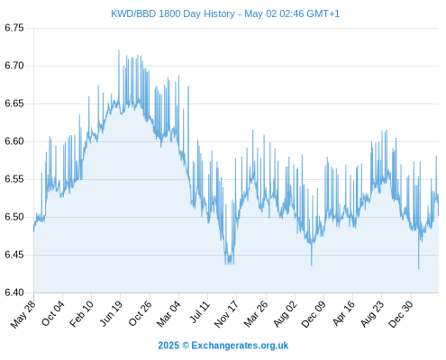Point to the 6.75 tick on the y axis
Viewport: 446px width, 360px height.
pos(14,28)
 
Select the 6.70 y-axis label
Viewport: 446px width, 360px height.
pos(14,66)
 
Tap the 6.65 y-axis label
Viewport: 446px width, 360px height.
pos(14,103)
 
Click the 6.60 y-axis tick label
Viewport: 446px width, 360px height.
pos(14,141)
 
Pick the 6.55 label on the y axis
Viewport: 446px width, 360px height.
pos(14,179)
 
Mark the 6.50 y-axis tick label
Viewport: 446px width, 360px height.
pos(14,217)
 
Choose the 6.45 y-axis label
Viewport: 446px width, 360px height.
pos(14,255)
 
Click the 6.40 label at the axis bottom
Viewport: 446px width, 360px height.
pos(14,292)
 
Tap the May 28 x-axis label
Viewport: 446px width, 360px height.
pos(23,314)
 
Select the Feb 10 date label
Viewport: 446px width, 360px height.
pos(81,313)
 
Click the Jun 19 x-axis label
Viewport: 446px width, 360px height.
pos(111,313)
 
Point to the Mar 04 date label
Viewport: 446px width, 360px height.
pos(168,314)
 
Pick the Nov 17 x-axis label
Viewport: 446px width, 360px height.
pos(226,314)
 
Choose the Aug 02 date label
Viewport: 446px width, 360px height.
pos(285,314)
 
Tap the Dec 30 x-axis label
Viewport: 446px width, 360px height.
pos(400,314)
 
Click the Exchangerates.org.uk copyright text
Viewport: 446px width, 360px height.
pos(223,346)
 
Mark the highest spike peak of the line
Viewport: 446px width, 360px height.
pos(119,50)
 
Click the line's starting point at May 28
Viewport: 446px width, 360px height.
pos(33,231)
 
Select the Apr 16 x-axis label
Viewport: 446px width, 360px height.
pos(343,313)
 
